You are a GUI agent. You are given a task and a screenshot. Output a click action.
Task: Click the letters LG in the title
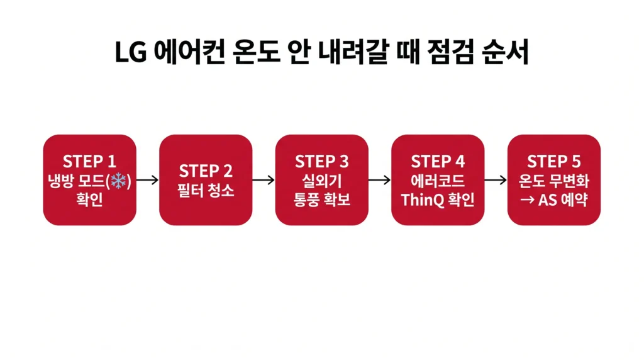(x=131, y=53)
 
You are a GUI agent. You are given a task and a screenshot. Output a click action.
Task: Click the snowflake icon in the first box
(x=118, y=181)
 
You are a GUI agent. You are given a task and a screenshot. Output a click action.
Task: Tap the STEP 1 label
(x=90, y=162)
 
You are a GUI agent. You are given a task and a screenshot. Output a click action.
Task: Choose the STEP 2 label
(x=206, y=171)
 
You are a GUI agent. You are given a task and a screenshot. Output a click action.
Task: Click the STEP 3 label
(x=321, y=162)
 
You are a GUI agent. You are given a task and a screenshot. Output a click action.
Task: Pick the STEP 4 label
(x=438, y=162)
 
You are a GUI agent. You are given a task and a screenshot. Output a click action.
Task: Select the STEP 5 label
(x=553, y=162)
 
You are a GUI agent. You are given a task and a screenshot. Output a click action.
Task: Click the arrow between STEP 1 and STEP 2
(x=148, y=181)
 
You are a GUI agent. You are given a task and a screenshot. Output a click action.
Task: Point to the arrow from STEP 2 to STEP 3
(x=264, y=181)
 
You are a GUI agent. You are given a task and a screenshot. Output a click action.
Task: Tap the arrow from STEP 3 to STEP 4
(x=380, y=181)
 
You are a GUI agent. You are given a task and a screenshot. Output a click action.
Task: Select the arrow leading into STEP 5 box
(x=496, y=181)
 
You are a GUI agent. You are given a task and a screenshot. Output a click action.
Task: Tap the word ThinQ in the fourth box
(x=421, y=200)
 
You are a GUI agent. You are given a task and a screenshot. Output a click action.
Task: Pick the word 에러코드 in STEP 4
(x=438, y=181)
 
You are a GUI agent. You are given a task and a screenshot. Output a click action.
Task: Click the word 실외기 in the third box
(x=321, y=181)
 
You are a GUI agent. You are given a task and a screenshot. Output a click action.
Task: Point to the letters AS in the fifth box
(x=548, y=200)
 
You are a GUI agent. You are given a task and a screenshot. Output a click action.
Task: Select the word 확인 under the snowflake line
(x=90, y=200)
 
